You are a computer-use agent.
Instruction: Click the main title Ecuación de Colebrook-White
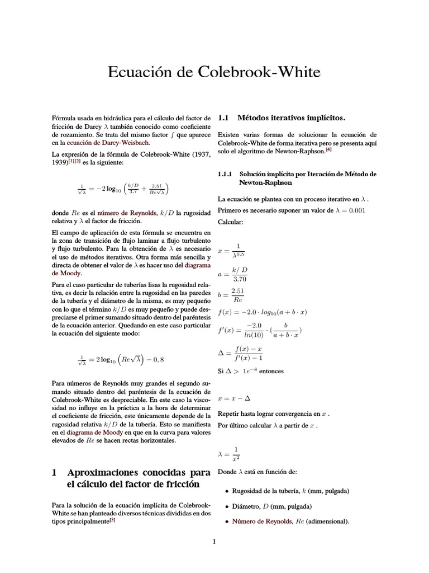click(214, 73)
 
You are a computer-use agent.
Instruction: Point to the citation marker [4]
click(345, 149)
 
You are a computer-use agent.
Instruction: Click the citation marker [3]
click(112, 519)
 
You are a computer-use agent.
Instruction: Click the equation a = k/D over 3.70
click(232, 274)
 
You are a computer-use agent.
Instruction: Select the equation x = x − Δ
click(235, 398)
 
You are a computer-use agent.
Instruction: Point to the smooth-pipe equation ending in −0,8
click(121, 359)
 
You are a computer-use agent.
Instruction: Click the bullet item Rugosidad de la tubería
click(290, 491)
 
